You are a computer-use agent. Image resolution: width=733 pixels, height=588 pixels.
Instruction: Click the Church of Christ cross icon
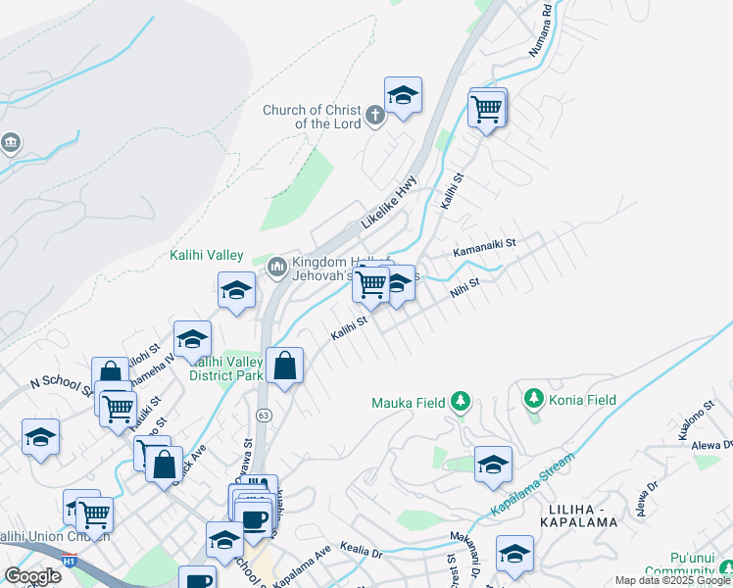click(x=374, y=118)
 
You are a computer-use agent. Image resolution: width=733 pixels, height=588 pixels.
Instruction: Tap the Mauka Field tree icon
click(x=461, y=402)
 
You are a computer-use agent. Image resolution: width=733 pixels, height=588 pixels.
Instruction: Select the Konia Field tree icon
click(x=534, y=399)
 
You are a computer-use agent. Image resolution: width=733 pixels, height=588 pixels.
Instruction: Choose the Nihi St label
click(x=464, y=289)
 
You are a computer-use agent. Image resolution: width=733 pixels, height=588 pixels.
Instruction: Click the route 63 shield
click(x=264, y=416)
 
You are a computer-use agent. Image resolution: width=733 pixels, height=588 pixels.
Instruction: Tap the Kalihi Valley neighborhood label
click(x=206, y=256)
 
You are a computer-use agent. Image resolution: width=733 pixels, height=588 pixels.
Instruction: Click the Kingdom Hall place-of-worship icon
click(x=276, y=265)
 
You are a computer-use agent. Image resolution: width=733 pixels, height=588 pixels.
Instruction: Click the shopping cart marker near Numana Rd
click(x=486, y=110)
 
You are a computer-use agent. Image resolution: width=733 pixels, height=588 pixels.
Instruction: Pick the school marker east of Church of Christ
click(x=403, y=96)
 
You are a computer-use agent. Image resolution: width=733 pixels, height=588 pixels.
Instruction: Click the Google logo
click(x=32, y=575)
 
